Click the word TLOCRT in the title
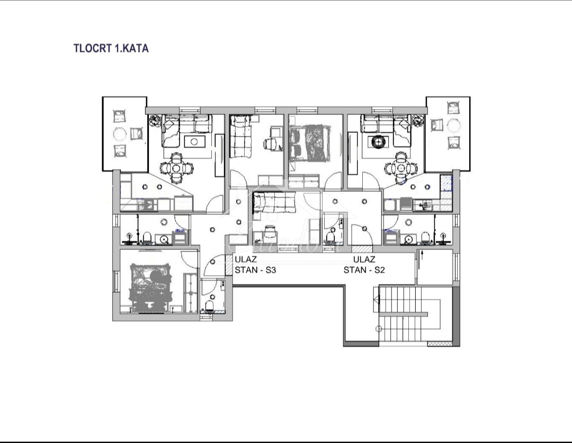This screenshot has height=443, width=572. [92, 48]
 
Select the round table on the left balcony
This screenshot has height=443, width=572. [121, 133]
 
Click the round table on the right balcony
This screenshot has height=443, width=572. [453, 125]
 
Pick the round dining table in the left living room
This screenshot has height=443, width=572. [177, 169]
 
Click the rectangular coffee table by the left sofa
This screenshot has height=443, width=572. [194, 141]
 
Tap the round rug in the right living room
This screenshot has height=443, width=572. [379, 141]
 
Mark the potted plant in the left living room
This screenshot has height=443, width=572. [155, 121]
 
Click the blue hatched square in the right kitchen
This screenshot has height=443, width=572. [448, 183]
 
